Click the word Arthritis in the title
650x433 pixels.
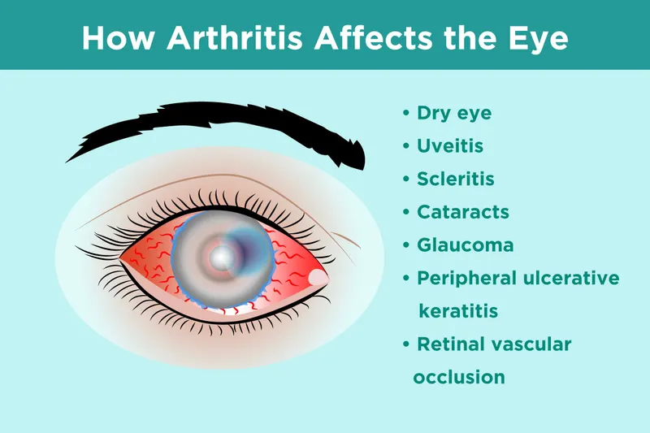pyautogui.click(x=251, y=38)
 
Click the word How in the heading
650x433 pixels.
pyautogui.click(x=115, y=38)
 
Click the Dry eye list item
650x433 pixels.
pyautogui.click(x=454, y=113)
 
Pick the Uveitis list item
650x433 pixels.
pyautogui.click(x=450, y=146)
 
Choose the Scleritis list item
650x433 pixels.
pyautogui.click(x=455, y=179)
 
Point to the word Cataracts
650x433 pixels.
pyautogui.click(x=463, y=212)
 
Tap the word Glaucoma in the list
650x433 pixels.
pyautogui.click(x=465, y=245)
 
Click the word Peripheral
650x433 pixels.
pyautogui.click(x=467, y=279)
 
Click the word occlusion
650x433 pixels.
pyautogui.click(x=459, y=378)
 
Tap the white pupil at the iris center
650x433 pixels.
pyautogui.click(x=221, y=258)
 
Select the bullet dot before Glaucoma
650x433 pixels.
pyautogui.click(x=406, y=245)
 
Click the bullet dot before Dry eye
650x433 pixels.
pyautogui.click(x=406, y=114)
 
